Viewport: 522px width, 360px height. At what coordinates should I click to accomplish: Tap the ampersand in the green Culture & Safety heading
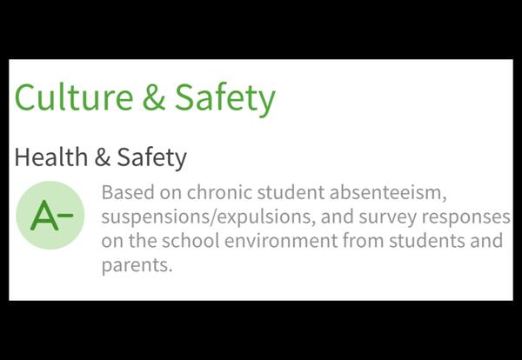coord(154,97)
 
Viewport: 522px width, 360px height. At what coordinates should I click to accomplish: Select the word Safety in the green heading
coord(224,97)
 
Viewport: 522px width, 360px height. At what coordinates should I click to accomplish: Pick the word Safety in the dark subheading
coord(152,158)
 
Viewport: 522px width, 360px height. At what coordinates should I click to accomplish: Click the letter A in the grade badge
coord(43,216)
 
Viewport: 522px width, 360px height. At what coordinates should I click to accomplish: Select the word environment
coord(286,240)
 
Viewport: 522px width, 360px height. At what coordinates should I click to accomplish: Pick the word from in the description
coord(368,240)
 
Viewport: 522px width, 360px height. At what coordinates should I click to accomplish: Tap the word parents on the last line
coord(137,264)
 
